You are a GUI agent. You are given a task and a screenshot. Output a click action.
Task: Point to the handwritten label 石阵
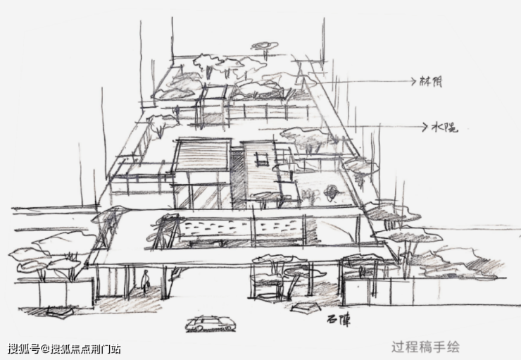338,321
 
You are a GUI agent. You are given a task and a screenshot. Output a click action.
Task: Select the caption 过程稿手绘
425,347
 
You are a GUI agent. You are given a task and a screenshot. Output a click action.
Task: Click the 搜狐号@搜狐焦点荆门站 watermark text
64,349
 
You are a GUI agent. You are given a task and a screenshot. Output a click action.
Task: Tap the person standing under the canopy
145,283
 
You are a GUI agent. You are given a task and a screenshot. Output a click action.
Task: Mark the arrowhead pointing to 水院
425,127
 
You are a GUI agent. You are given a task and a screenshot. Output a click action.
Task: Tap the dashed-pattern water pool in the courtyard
239,228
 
